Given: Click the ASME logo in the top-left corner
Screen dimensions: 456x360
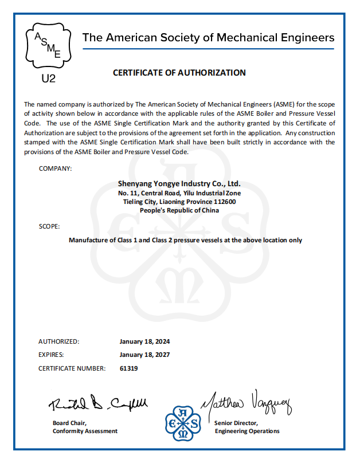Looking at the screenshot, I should pos(48,44).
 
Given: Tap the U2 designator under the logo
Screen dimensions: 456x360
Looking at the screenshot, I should pos(49,78).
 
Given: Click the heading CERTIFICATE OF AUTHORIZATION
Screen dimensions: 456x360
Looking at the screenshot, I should pos(179,73).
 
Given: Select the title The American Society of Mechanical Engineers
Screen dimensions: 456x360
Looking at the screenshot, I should pos(208,38).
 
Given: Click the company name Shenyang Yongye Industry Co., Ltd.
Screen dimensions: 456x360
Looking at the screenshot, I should pos(179,184).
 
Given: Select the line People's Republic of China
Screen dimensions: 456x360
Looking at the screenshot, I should pos(179,210).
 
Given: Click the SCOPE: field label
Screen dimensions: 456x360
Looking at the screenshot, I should pos(49,226).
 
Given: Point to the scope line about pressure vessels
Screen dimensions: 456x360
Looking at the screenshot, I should pos(185,240).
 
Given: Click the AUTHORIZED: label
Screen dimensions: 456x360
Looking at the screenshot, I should pos(59,341).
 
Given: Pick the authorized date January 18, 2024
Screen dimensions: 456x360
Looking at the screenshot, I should pos(145,341).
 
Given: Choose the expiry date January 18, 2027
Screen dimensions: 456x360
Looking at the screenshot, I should pos(145,355).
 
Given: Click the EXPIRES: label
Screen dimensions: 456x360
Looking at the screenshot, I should pos(51,355).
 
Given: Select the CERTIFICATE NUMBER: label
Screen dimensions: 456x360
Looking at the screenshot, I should pos(72,368).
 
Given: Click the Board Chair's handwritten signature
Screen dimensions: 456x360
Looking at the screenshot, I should pos(97,404).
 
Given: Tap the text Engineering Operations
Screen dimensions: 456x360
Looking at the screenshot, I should pos(247,431).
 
